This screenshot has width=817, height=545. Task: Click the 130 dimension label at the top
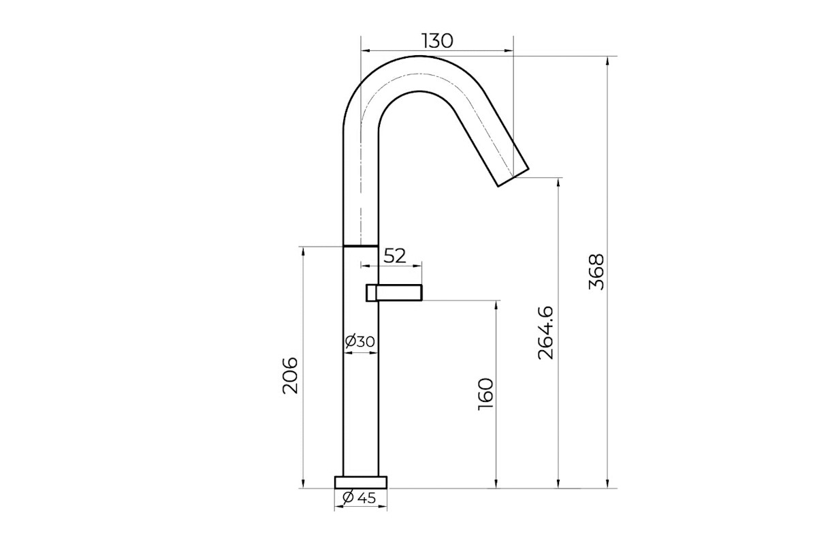pos(437,41)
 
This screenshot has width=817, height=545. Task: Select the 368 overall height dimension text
pos(596,272)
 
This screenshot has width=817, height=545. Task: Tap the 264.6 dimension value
pos(546,333)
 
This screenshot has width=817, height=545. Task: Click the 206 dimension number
pos(290,375)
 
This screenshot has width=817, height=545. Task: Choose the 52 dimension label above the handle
pos(395,256)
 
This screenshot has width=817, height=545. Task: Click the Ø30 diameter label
pos(360,341)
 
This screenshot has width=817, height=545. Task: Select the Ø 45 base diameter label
pos(359,497)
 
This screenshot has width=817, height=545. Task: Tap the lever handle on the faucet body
pos(394,293)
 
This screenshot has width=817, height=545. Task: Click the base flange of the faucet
pos(361,482)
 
